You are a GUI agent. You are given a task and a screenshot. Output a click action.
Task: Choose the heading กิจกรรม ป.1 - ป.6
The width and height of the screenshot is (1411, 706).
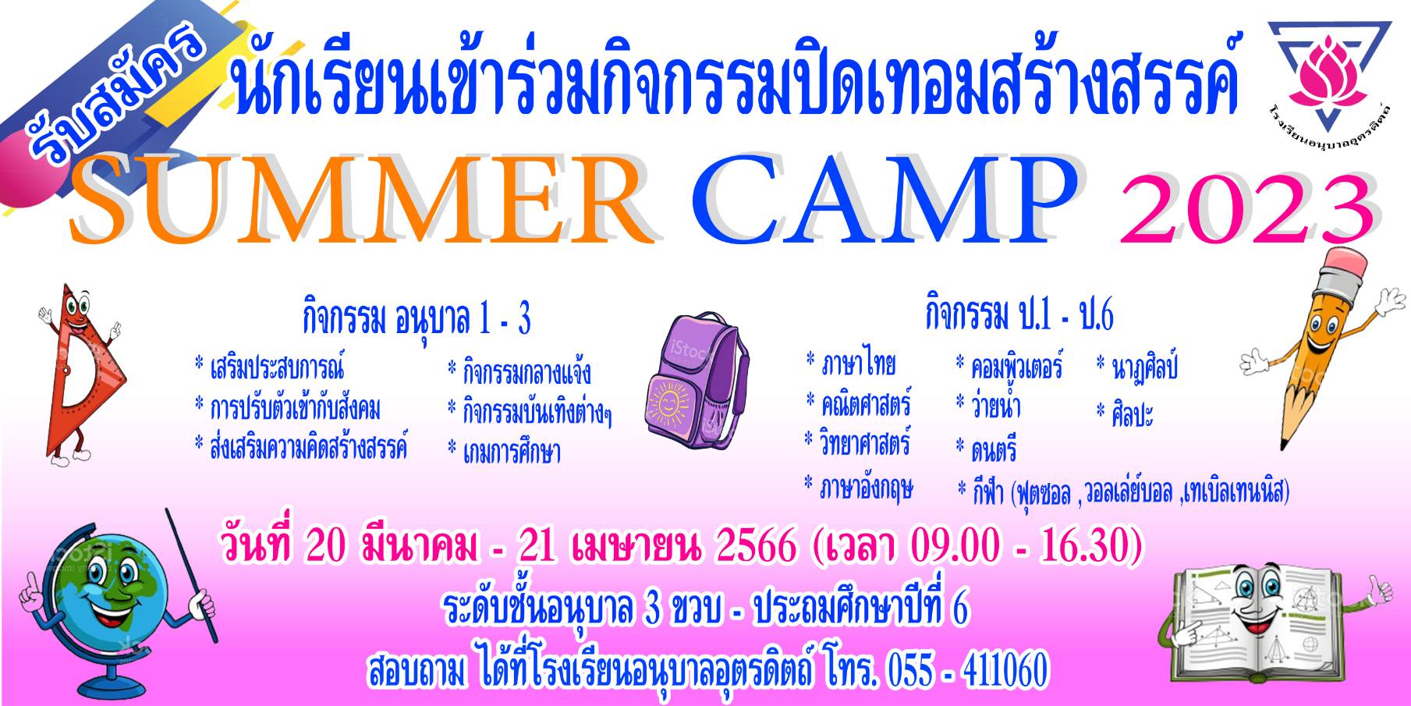1019,314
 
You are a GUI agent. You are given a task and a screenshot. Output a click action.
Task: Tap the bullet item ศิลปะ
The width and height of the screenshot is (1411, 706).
1124,412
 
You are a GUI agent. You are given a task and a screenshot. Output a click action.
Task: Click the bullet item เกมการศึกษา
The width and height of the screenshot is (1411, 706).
504,452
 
